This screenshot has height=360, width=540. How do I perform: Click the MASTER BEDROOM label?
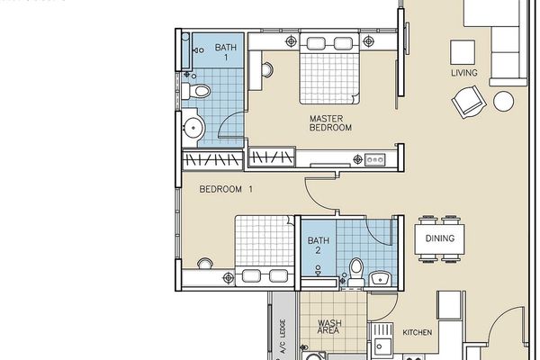click(330, 123)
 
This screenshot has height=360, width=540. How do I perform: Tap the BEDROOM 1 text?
click(226, 189)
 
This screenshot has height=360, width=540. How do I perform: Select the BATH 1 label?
click(226, 52)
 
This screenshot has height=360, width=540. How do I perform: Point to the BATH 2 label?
click(319, 245)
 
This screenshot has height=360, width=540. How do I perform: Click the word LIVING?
click(464, 73)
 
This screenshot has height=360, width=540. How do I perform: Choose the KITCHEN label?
click(417, 332)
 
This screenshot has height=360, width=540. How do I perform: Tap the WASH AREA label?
click(329, 327)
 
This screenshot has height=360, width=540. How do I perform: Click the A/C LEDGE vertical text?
click(283, 337)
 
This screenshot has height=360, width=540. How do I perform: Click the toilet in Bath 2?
click(356, 272)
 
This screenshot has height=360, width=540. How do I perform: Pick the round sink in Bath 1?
click(193, 128)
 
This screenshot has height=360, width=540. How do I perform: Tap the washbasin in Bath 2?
click(380, 278)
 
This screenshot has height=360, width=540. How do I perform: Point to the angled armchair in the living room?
click(469, 102)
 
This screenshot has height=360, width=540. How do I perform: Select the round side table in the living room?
click(503, 102)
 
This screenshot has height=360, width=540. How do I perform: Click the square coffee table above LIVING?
click(463, 52)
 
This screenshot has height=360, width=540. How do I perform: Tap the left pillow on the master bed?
click(316, 44)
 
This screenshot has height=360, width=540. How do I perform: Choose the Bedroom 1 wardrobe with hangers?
click(212, 160)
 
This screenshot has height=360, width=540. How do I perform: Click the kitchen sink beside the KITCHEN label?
click(382, 338)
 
